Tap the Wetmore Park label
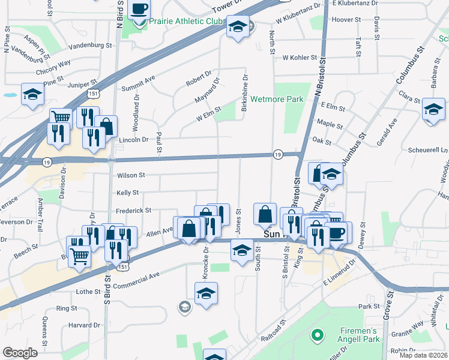(277, 99)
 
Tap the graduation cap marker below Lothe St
(206, 294)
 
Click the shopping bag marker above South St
(265, 214)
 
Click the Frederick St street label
(134, 211)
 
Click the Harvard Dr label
(79, 325)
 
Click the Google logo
(20, 353)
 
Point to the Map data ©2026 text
(423, 355)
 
